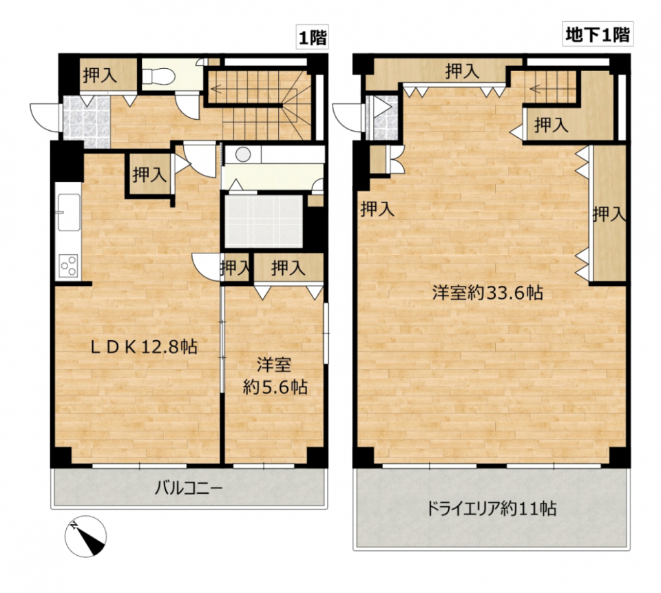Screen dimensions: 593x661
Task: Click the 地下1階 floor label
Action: tap(596, 34)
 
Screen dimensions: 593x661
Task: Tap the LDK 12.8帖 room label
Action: tap(145, 347)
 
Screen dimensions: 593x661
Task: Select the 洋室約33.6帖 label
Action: tap(487, 293)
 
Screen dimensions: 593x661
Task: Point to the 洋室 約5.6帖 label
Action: tap(275, 375)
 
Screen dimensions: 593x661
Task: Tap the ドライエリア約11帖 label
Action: tap(492, 509)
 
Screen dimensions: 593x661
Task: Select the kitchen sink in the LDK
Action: tap(69, 211)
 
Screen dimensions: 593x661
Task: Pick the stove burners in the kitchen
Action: tap(68, 265)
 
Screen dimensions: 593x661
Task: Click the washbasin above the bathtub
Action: tap(242, 154)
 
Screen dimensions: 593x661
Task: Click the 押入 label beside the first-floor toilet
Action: tap(100, 76)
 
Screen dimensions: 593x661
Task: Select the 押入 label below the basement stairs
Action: tap(551, 125)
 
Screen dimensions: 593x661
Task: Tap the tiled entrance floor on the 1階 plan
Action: tap(87, 121)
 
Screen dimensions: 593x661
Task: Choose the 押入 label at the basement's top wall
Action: tap(461, 70)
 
